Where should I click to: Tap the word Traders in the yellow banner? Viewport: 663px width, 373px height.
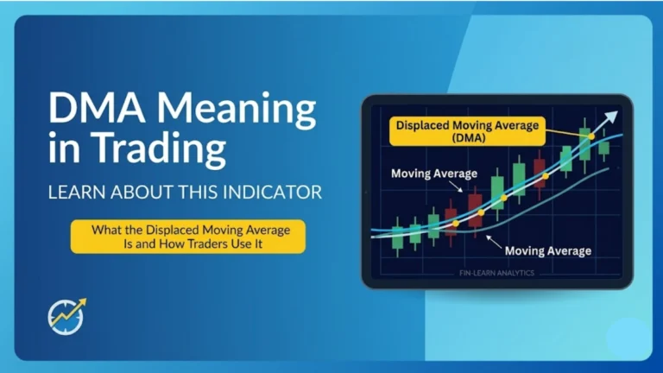pyautogui.click(x=216, y=244)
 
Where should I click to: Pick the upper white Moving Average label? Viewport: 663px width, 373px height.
pyautogui.click(x=433, y=174)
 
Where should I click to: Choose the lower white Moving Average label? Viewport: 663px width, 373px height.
pyautogui.click(x=547, y=250)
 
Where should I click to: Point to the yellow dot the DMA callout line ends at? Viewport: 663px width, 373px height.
pyautogui.click(x=591, y=136)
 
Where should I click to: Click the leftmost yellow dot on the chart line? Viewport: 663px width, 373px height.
pyautogui.click(x=455, y=224)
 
